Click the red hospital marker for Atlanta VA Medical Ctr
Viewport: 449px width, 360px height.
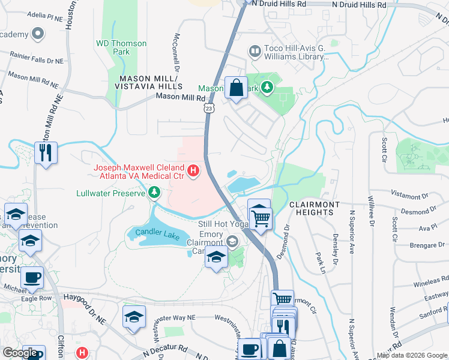tap(193, 172)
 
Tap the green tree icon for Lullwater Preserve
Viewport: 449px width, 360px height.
tap(155, 193)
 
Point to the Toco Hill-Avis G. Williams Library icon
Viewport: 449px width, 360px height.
tap(255, 52)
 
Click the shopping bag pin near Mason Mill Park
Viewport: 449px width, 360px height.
tap(236, 88)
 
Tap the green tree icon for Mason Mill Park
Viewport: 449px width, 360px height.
tap(267, 88)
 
